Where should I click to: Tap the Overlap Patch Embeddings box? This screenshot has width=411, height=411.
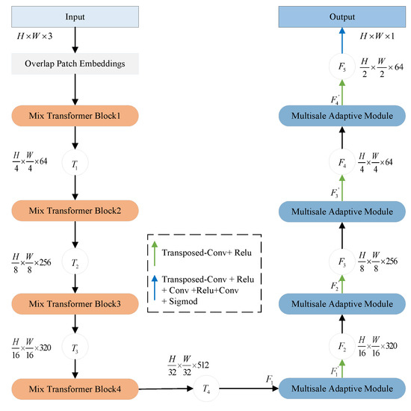tap(75, 64)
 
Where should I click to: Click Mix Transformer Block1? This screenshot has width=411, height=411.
tap(75, 117)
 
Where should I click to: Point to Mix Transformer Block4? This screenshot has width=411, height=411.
tap(75, 388)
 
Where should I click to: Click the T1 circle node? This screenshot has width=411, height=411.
tap(75, 162)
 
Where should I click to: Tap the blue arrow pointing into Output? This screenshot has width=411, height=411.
tap(343, 43)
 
